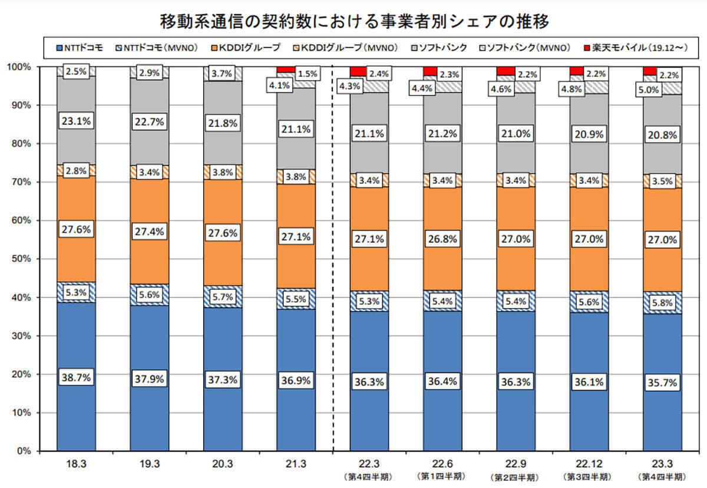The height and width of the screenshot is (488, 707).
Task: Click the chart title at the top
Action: pyautogui.click(x=354, y=22)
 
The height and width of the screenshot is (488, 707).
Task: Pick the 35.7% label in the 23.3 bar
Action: pyautogui.click(x=662, y=382)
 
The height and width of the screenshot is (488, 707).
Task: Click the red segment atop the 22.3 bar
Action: pyautogui.click(x=358, y=72)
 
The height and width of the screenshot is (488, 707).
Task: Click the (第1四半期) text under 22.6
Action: pyautogui.click(x=442, y=476)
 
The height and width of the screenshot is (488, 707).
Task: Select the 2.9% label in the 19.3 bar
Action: pyautogui.click(x=150, y=73)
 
